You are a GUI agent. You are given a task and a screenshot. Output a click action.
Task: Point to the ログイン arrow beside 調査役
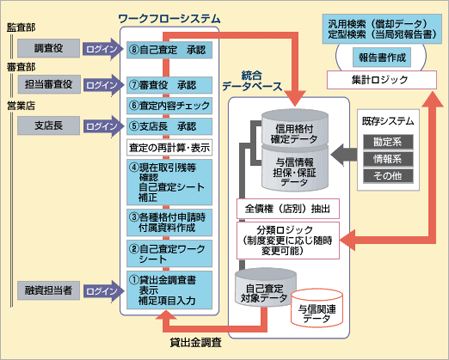pyautogui.click(x=101, y=48)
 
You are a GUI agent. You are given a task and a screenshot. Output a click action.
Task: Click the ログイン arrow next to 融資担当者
pyautogui.click(x=101, y=290)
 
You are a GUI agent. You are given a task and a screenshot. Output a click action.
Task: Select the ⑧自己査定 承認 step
pyautogui.click(x=169, y=48)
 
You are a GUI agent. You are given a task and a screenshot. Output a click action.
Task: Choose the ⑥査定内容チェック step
pyautogui.click(x=169, y=105)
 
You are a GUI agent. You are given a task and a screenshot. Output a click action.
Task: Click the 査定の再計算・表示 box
pyautogui.click(x=169, y=147)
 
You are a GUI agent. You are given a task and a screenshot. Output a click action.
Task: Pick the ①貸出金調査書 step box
pyautogui.click(x=169, y=290)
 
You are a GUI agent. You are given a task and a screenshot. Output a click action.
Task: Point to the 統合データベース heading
pyautogui.click(x=267, y=82)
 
